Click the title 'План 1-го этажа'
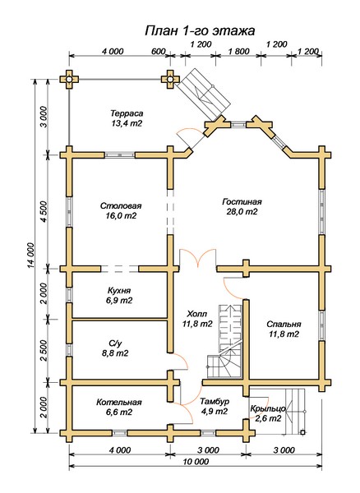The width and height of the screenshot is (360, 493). tap(200, 31)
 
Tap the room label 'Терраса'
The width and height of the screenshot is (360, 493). tap(127, 113)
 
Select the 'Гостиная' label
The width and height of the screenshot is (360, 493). tap(242, 201)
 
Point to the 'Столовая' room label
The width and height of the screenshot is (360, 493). tap(121, 206)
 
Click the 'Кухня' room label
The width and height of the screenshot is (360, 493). tap(119, 290)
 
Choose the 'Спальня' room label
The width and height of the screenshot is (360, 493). tap(284, 325)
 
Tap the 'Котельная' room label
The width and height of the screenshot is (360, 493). tap(119, 402)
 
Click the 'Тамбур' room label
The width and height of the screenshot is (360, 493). tap(215, 402)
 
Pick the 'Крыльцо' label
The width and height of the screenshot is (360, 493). tap(268, 408)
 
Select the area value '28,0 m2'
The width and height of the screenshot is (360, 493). tap(242, 212)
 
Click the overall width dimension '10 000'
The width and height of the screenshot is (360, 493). tap(196, 462)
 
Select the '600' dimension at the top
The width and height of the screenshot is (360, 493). tap(158, 51)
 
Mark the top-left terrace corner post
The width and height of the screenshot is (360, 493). tap(69, 80)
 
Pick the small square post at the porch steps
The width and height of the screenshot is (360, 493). tap(302, 432)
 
